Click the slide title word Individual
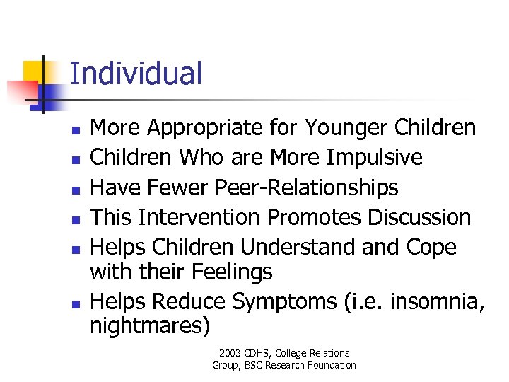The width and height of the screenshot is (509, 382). click(x=136, y=74)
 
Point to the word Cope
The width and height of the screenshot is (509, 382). click(x=431, y=247)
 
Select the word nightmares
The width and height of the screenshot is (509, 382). click(x=149, y=327)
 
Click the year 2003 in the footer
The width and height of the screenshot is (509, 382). click(x=230, y=353)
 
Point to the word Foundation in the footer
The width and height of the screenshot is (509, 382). click(x=332, y=365)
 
